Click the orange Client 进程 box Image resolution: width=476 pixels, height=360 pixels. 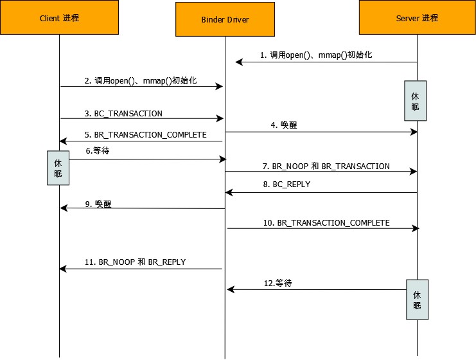tap(59, 18)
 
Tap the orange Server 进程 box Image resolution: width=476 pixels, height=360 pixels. tap(417, 18)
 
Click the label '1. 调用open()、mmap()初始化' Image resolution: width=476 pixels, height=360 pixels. tap(316, 55)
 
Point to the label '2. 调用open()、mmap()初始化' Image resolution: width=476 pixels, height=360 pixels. tap(141, 80)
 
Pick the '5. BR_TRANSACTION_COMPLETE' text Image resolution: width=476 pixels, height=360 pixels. tap(146, 135)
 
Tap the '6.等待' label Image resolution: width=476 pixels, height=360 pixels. tap(97, 150)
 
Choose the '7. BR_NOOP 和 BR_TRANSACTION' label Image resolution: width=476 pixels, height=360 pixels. tap(326, 166)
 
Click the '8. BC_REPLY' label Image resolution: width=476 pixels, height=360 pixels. tap(286, 184)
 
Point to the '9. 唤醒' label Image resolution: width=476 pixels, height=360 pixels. tap(103, 203)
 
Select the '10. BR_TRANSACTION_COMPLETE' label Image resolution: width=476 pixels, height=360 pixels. tap(326, 222)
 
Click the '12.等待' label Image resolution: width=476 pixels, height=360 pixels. tap(278, 282)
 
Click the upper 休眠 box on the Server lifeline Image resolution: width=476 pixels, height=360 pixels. tap(415, 101)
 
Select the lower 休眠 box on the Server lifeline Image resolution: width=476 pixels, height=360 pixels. tap(416, 300)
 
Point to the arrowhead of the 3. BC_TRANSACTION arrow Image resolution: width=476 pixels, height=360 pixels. tap(220, 118)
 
